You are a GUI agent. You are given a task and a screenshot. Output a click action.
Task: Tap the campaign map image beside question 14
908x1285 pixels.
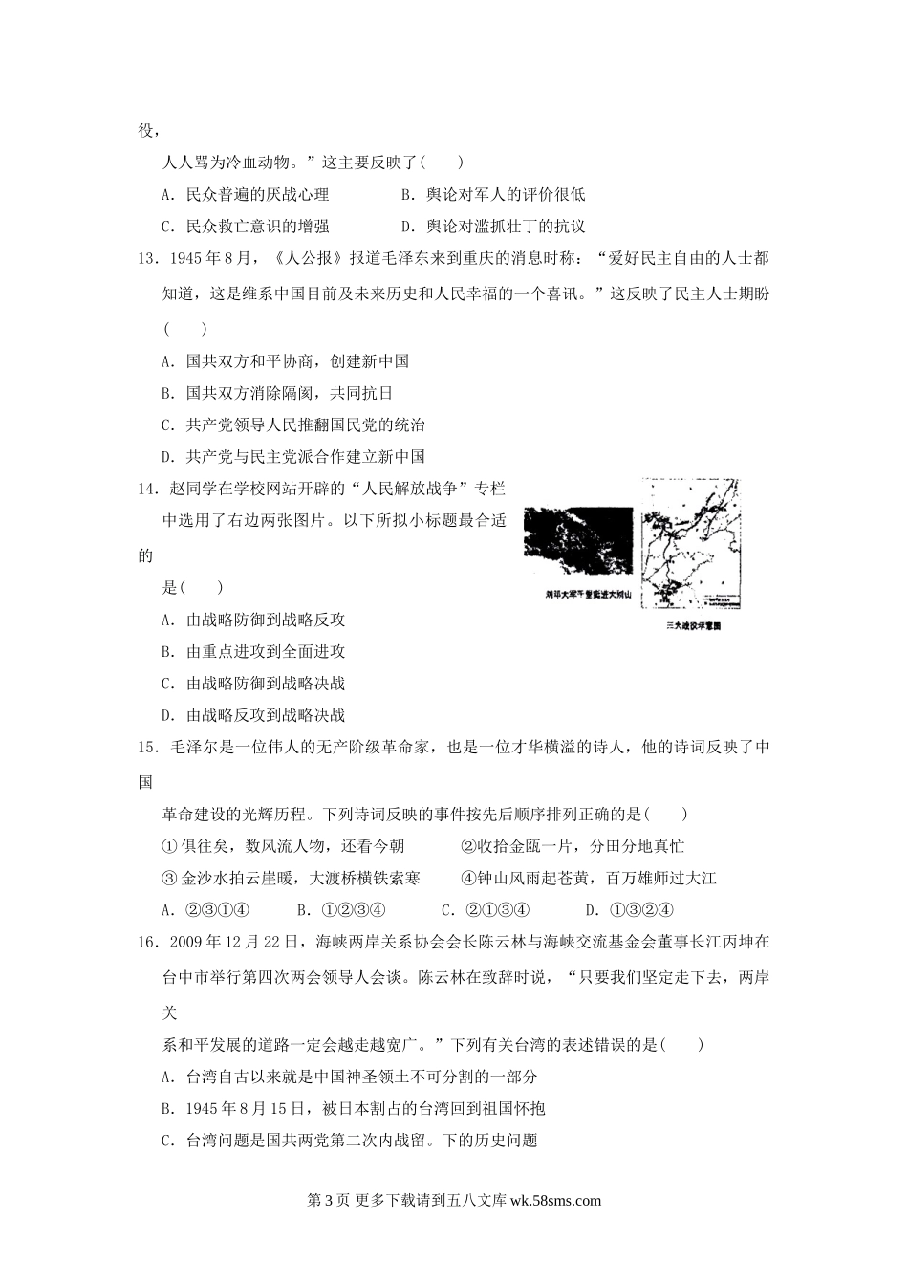tap(692, 544)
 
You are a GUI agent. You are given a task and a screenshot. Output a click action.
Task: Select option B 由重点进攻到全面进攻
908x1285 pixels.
tap(253, 652)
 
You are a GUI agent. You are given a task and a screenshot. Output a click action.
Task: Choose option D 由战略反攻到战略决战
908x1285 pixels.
tap(253, 715)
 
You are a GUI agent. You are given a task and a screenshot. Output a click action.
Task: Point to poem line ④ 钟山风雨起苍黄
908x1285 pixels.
tap(588, 878)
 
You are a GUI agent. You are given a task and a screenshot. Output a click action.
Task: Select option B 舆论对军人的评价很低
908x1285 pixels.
tap(493, 195)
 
